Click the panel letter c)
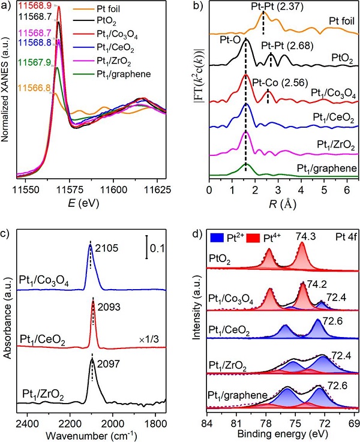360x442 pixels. (7, 230)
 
